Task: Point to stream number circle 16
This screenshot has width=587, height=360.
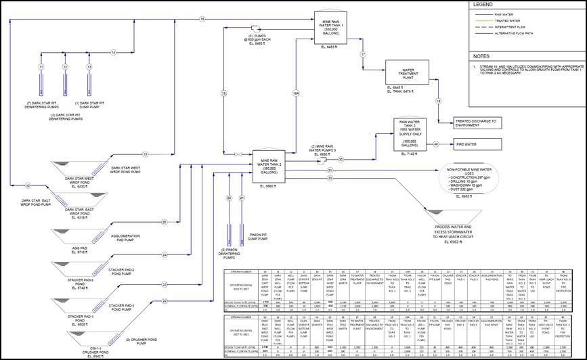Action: coord(202,19)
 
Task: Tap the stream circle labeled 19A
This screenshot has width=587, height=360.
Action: coord(295,94)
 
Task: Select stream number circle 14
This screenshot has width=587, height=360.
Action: coord(113,52)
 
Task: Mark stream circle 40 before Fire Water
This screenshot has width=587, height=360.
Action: coord(436,144)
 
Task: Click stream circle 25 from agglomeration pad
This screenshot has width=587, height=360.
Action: coord(164,221)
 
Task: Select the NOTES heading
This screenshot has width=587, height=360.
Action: coord(481,56)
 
